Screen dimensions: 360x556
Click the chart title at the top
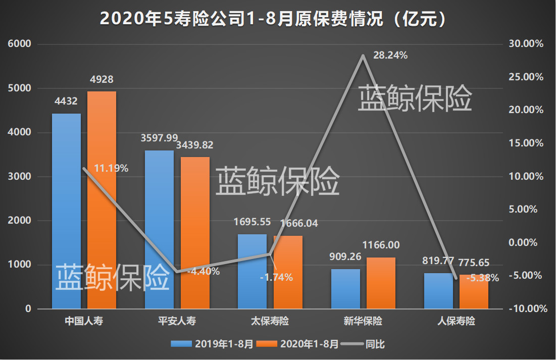[x=273, y=19]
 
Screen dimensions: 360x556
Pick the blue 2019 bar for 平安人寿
[x=159, y=230]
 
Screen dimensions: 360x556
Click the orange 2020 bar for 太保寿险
[x=288, y=272]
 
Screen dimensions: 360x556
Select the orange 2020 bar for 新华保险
[x=381, y=283]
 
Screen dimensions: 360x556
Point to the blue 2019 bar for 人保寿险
[x=438, y=291]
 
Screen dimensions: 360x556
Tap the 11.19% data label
[x=111, y=168]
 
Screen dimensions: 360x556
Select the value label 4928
[x=102, y=79]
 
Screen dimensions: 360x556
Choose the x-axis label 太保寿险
[x=270, y=322]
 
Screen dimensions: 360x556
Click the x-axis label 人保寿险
[x=456, y=322]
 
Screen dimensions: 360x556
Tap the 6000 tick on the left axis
[x=19, y=44]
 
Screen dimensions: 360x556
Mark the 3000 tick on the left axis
[x=19, y=177]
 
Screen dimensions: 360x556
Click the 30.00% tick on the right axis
[x=526, y=44]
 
